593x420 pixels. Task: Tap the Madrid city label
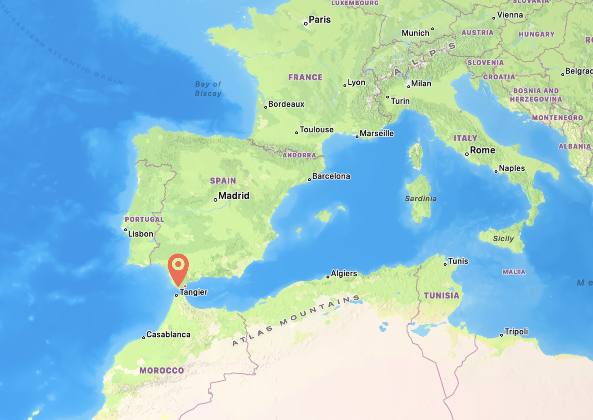(x=234, y=196)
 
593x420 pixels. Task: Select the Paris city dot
(x=306, y=24)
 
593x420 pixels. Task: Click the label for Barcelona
(x=331, y=176)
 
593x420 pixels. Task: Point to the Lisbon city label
(x=141, y=234)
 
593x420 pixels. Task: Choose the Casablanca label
(x=168, y=335)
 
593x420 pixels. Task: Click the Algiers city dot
(x=328, y=277)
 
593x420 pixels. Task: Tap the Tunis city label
(x=458, y=261)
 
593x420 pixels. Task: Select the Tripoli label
(x=516, y=332)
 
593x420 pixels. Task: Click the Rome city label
(x=482, y=150)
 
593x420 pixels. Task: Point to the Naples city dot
(x=496, y=172)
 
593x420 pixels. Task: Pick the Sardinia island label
(x=421, y=199)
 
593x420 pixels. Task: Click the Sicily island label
(x=503, y=239)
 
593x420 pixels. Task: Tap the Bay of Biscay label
(x=208, y=89)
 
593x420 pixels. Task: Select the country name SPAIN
(x=223, y=181)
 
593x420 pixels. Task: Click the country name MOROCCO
(x=162, y=371)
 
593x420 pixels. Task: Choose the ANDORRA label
(x=299, y=155)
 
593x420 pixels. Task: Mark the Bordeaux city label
(x=286, y=104)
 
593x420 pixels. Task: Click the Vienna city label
(x=510, y=15)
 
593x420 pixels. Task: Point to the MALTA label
(x=514, y=272)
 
